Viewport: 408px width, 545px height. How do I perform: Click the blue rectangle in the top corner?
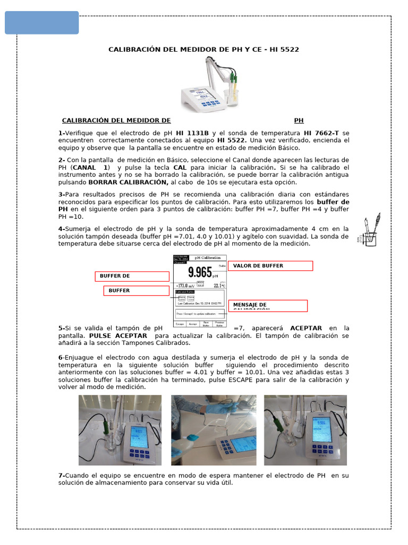tap(42, 23)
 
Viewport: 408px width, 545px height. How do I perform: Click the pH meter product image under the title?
tap(210, 82)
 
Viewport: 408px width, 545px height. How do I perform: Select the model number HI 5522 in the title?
tap(283, 49)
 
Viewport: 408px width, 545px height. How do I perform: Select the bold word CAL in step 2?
tap(180, 168)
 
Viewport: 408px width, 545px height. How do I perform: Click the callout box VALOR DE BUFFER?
tap(270, 266)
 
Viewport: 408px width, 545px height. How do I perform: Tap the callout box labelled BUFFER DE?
tap(132, 276)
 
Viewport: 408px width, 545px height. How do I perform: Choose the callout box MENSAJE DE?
tap(268, 305)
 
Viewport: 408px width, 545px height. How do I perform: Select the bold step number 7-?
tap(61, 475)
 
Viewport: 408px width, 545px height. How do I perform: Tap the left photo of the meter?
tap(121, 430)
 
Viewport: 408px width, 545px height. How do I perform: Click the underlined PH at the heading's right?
tap(299, 121)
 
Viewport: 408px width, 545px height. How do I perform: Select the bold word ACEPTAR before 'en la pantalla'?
tap(306, 328)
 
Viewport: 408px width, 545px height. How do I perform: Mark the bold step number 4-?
tap(61, 228)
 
